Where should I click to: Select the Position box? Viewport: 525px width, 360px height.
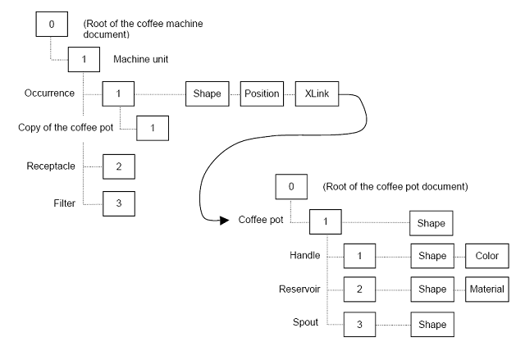pos(262,93)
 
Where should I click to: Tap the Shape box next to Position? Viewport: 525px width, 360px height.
pos(207,93)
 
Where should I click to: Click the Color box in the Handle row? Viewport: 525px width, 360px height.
pos(486,257)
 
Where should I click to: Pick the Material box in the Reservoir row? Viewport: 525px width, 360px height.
pos(486,291)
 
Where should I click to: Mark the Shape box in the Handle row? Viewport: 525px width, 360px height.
pos(431,257)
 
